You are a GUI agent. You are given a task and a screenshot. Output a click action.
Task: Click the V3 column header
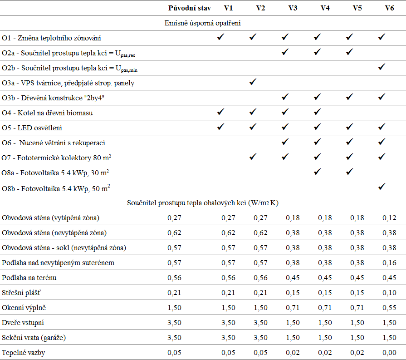(293, 8)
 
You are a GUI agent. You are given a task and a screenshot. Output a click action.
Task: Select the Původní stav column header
(190, 8)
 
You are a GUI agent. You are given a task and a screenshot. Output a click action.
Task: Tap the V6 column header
(389, 8)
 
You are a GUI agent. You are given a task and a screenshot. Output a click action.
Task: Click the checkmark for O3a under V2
(253, 82)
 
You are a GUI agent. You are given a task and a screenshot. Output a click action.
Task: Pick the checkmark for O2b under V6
(382, 67)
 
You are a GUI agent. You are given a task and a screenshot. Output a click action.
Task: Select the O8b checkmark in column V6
(382, 187)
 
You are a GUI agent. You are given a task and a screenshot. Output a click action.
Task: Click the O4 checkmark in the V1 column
(220, 112)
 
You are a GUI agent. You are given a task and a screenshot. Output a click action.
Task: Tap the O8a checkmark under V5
(350, 172)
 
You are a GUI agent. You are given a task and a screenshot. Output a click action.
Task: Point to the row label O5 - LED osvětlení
(32, 128)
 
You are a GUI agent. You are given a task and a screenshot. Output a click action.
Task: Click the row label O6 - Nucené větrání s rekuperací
(54, 143)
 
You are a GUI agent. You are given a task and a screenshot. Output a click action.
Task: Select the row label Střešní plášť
(21, 293)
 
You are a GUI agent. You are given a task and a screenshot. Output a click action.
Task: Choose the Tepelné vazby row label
(23, 353)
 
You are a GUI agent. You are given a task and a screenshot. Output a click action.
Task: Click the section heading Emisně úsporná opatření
(203, 23)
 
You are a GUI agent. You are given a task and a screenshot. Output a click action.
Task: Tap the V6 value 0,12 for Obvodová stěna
(389, 218)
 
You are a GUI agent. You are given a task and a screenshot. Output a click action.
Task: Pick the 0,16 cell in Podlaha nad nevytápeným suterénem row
(389, 263)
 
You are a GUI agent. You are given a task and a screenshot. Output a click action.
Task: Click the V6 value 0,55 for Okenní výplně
(389, 308)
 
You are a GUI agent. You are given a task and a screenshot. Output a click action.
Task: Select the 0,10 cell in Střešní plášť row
(389, 293)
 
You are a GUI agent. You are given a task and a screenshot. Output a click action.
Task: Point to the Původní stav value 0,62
(174, 233)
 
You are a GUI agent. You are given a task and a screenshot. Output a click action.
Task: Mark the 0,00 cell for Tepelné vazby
(389, 352)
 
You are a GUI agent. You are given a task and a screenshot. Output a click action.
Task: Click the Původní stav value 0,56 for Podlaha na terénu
(174, 277)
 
